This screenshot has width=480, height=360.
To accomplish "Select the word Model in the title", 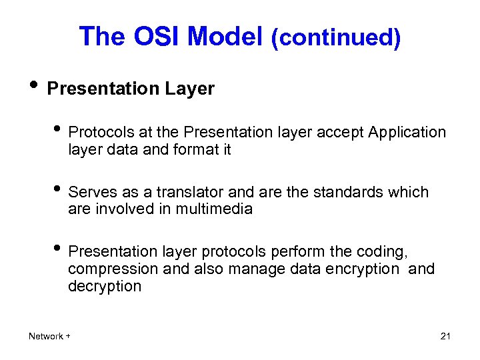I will [x=225, y=36].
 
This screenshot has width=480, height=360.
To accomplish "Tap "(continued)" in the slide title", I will [x=335, y=38].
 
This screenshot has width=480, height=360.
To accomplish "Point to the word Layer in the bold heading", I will [x=191, y=89].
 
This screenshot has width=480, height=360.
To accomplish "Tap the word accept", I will [x=337, y=132].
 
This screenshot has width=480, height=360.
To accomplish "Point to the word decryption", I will [x=105, y=287].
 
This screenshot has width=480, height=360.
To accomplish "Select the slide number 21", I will [x=445, y=336].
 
